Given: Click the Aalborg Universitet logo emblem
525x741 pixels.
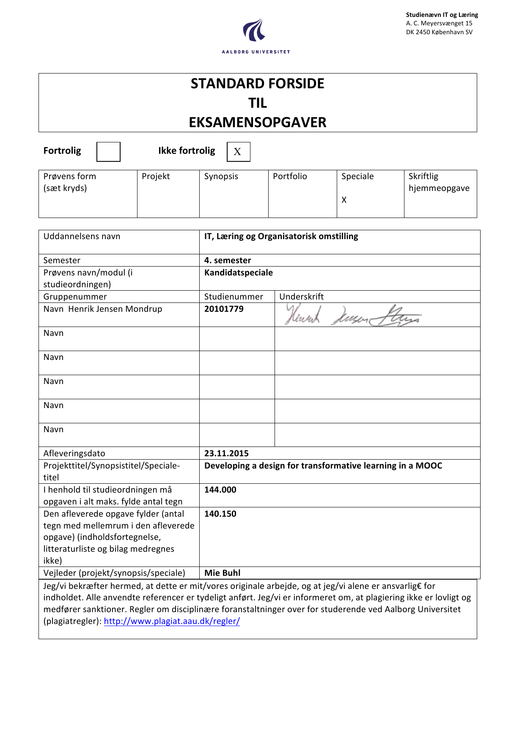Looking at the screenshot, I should tap(254, 30).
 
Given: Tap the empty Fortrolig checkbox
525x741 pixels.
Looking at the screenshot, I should tap(108, 152).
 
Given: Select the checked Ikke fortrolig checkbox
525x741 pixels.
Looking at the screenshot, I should tap(238, 152).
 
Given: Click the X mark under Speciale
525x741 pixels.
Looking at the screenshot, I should tap(344, 200).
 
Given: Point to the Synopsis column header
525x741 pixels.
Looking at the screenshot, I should tap(221, 176).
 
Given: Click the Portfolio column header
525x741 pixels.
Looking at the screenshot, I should tap(290, 176).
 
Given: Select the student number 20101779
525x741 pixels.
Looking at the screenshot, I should tap(224, 309).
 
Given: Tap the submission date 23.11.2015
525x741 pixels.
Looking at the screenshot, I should tap(226, 453).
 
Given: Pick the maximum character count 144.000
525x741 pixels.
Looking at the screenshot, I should tap(220, 490).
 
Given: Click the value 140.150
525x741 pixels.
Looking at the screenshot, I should tap(220, 514).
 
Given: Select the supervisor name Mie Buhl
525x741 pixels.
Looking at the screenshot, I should tap(222, 573).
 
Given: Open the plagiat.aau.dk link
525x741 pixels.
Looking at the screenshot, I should tap(172, 621).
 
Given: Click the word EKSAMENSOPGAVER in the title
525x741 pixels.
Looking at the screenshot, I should tap(257, 123).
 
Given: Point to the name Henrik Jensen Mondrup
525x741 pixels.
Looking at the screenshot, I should tap(115, 309).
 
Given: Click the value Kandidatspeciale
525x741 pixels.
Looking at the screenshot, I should tap(238, 272).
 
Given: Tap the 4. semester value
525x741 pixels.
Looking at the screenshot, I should tap(227, 260).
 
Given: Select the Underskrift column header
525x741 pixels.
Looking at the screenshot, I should tap(301, 297).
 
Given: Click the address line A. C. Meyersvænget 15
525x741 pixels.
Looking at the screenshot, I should tap(439, 23).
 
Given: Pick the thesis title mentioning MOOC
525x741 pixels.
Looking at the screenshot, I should tap(323, 466).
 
